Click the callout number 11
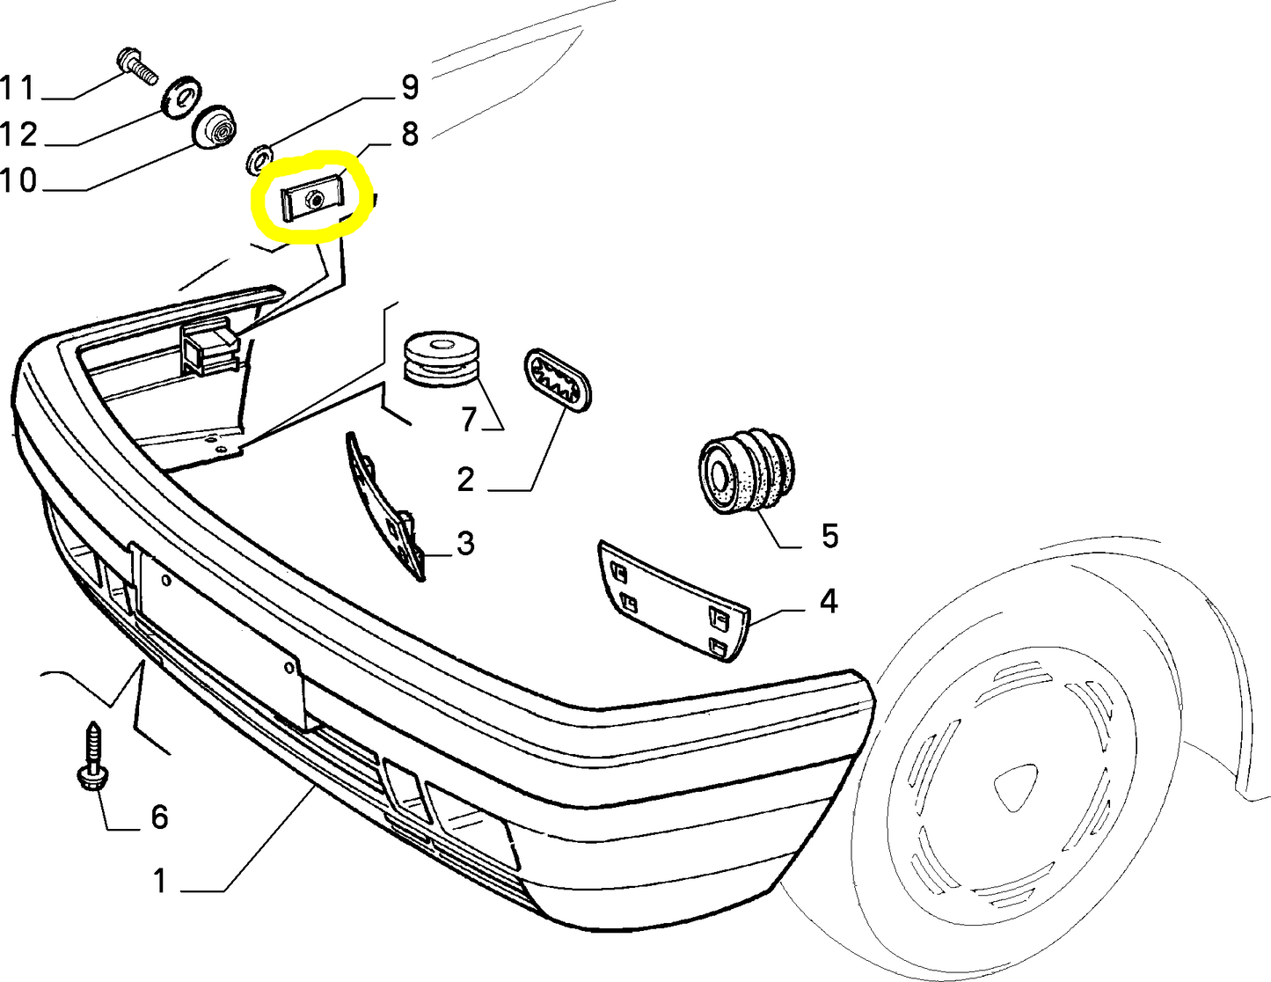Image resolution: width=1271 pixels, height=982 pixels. [18, 89]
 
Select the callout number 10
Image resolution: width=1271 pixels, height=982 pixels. [18, 181]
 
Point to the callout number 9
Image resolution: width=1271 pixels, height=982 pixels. [410, 87]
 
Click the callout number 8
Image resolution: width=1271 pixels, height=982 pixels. [410, 135]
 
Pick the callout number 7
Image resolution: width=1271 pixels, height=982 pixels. [469, 420]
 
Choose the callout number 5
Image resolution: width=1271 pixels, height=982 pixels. [829, 536]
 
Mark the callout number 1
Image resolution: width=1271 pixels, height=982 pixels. [159, 880]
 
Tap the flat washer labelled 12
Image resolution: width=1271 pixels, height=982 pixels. [181, 96]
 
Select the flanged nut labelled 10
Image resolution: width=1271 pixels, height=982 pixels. [216, 130]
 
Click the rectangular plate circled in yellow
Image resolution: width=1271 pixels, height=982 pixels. [313, 201]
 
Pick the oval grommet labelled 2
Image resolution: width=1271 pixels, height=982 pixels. [558, 378]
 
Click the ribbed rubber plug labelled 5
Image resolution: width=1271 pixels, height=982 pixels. [745, 473]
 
